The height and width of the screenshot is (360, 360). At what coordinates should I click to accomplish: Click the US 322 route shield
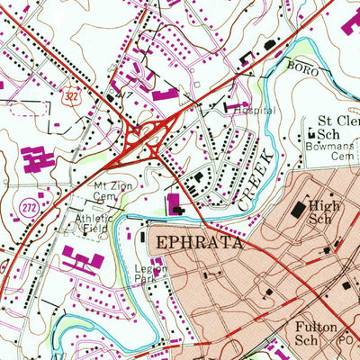[x=68, y=93]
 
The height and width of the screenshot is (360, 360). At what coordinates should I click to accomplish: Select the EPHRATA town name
[x=193, y=243]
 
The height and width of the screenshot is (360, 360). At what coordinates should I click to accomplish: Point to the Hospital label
[x=253, y=111]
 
